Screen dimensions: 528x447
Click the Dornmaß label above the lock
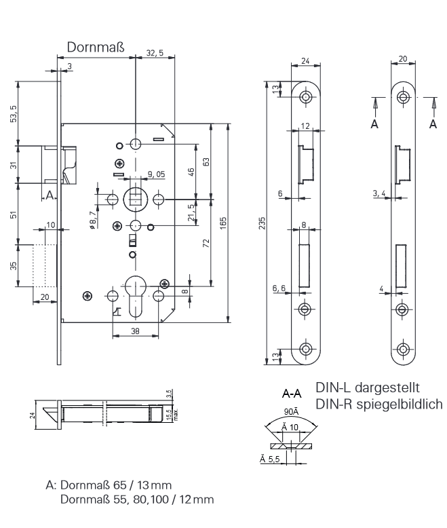pos(95,48)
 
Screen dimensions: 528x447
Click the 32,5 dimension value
pos(155,53)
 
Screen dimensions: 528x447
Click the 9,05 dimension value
pos(155,174)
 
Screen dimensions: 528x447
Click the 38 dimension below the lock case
pos(136,332)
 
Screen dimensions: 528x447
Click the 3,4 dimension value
pos(380,193)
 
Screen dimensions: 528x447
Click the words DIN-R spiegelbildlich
pos(379,404)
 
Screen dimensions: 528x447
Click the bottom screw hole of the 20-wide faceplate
pos(404,350)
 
